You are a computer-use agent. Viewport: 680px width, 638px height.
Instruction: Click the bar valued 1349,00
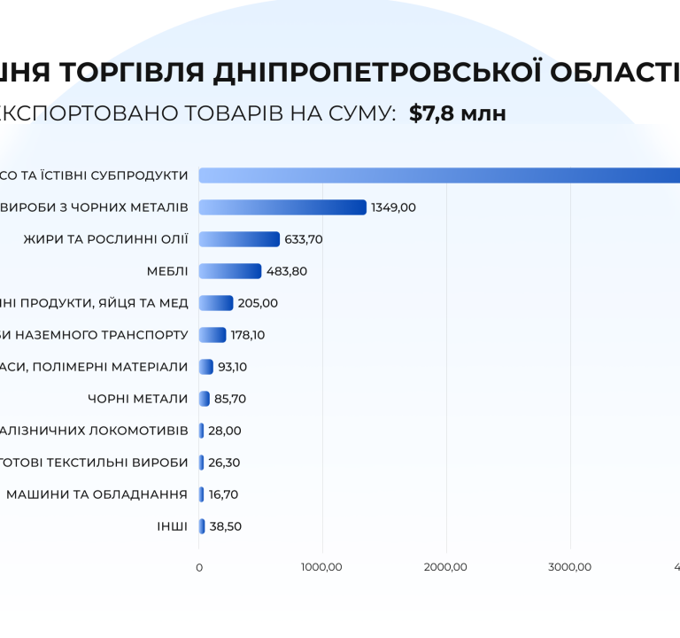coord(282,207)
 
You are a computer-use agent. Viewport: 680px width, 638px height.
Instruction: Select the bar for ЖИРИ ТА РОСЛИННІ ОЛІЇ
coord(239,239)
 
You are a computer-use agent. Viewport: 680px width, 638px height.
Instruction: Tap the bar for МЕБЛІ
coord(230,271)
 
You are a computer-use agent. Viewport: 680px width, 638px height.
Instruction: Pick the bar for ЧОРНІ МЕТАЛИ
coord(205,399)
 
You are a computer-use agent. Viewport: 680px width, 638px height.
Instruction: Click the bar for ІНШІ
coord(202,526)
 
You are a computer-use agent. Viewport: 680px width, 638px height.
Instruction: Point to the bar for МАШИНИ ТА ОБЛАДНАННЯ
coord(201,494)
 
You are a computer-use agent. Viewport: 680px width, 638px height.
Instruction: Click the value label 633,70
coord(305,239)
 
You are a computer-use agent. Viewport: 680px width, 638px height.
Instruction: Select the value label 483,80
coord(287,271)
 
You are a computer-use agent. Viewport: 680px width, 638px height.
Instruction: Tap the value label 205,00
coord(258,303)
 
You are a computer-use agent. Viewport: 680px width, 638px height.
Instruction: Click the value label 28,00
coord(225,431)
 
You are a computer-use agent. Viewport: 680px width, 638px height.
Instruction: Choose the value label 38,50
coord(226,526)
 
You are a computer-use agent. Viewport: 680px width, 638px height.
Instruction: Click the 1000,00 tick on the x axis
coord(322,567)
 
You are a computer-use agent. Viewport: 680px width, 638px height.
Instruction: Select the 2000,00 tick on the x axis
coord(446,567)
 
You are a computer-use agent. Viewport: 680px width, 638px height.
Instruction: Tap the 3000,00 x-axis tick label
coord(570,567)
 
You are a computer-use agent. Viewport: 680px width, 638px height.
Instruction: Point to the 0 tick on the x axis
coord(198,567)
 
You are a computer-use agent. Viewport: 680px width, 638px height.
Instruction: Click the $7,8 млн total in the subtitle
coord(457,113)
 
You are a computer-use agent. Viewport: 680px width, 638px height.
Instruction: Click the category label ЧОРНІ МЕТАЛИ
coord(137,399)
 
